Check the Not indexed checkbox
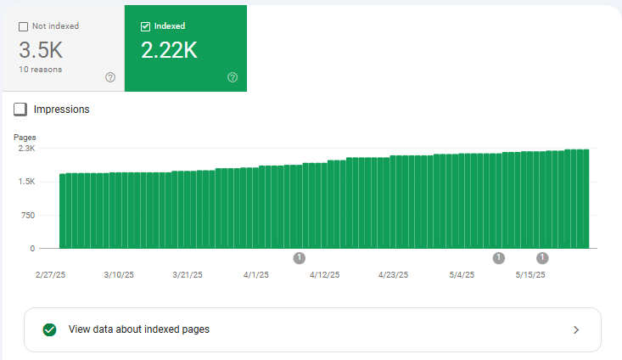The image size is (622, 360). tap(23, 26)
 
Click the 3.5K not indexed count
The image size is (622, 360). tap(40, 50)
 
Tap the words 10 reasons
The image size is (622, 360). tap(39, 69)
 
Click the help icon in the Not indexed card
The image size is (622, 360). tap(110, 77)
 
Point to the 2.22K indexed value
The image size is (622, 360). tap(169, 50)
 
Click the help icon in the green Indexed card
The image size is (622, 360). tap(233, 77)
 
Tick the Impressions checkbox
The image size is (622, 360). tap(20, 110)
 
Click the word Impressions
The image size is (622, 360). tap(61, 110)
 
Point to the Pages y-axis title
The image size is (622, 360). tap(25, 137)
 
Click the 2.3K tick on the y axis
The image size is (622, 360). tap(26, 148)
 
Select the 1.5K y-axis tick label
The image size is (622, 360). tap(26, 182)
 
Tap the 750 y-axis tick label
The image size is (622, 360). tap(28, 215)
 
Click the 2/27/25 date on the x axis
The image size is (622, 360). tap(50, 275)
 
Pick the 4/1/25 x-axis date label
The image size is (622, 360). tap(255, 275)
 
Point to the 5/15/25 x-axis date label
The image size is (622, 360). tap(530, 275)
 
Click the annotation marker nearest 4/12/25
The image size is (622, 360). tap(299, 257)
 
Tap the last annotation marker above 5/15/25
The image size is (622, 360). tap(542, 257)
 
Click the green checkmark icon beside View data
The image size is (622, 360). tap(49, 329)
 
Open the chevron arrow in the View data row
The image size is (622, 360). tap(576, 329)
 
